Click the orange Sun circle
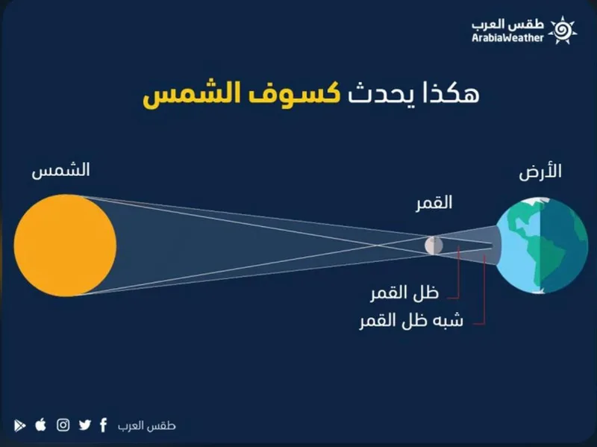tap(65, 244)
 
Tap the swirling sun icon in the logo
tap(563, 31)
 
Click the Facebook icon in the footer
tap(103, 425)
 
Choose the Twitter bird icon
tap(85, 425)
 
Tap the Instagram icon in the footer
tap(63, 425)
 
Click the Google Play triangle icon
tap(19, 425)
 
